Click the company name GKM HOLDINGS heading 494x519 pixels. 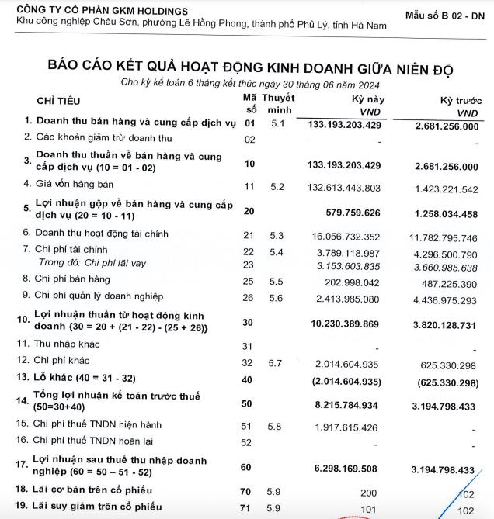coord(102,10)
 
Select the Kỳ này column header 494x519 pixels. coord(367,102)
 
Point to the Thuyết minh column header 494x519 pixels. coord(278,105)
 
